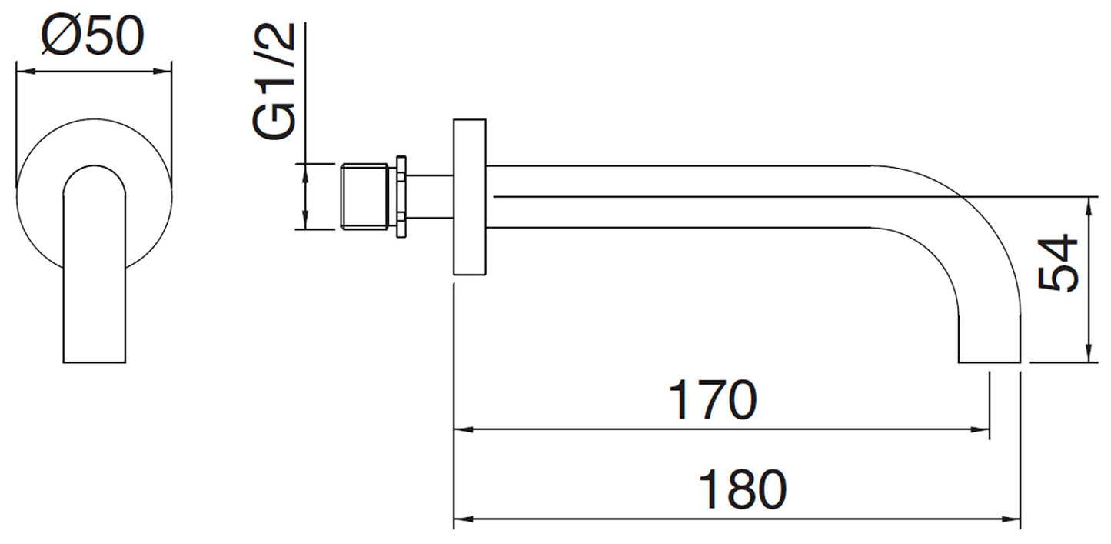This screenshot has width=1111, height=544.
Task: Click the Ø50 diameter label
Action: click(x=93, y=35)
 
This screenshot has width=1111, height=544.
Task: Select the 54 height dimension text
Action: click(x=1057, y=262)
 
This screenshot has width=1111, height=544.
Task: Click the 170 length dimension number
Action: click(x=713, y=400)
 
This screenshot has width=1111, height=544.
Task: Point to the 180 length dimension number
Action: click(x=743, y=489)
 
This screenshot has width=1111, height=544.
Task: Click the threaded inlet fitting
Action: click(x=364, y=196)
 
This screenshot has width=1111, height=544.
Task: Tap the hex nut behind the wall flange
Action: click(x=402, y=196)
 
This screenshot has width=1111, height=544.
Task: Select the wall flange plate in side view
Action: click(x=470, y=196)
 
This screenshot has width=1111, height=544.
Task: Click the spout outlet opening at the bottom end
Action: click(x=990, y=362)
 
